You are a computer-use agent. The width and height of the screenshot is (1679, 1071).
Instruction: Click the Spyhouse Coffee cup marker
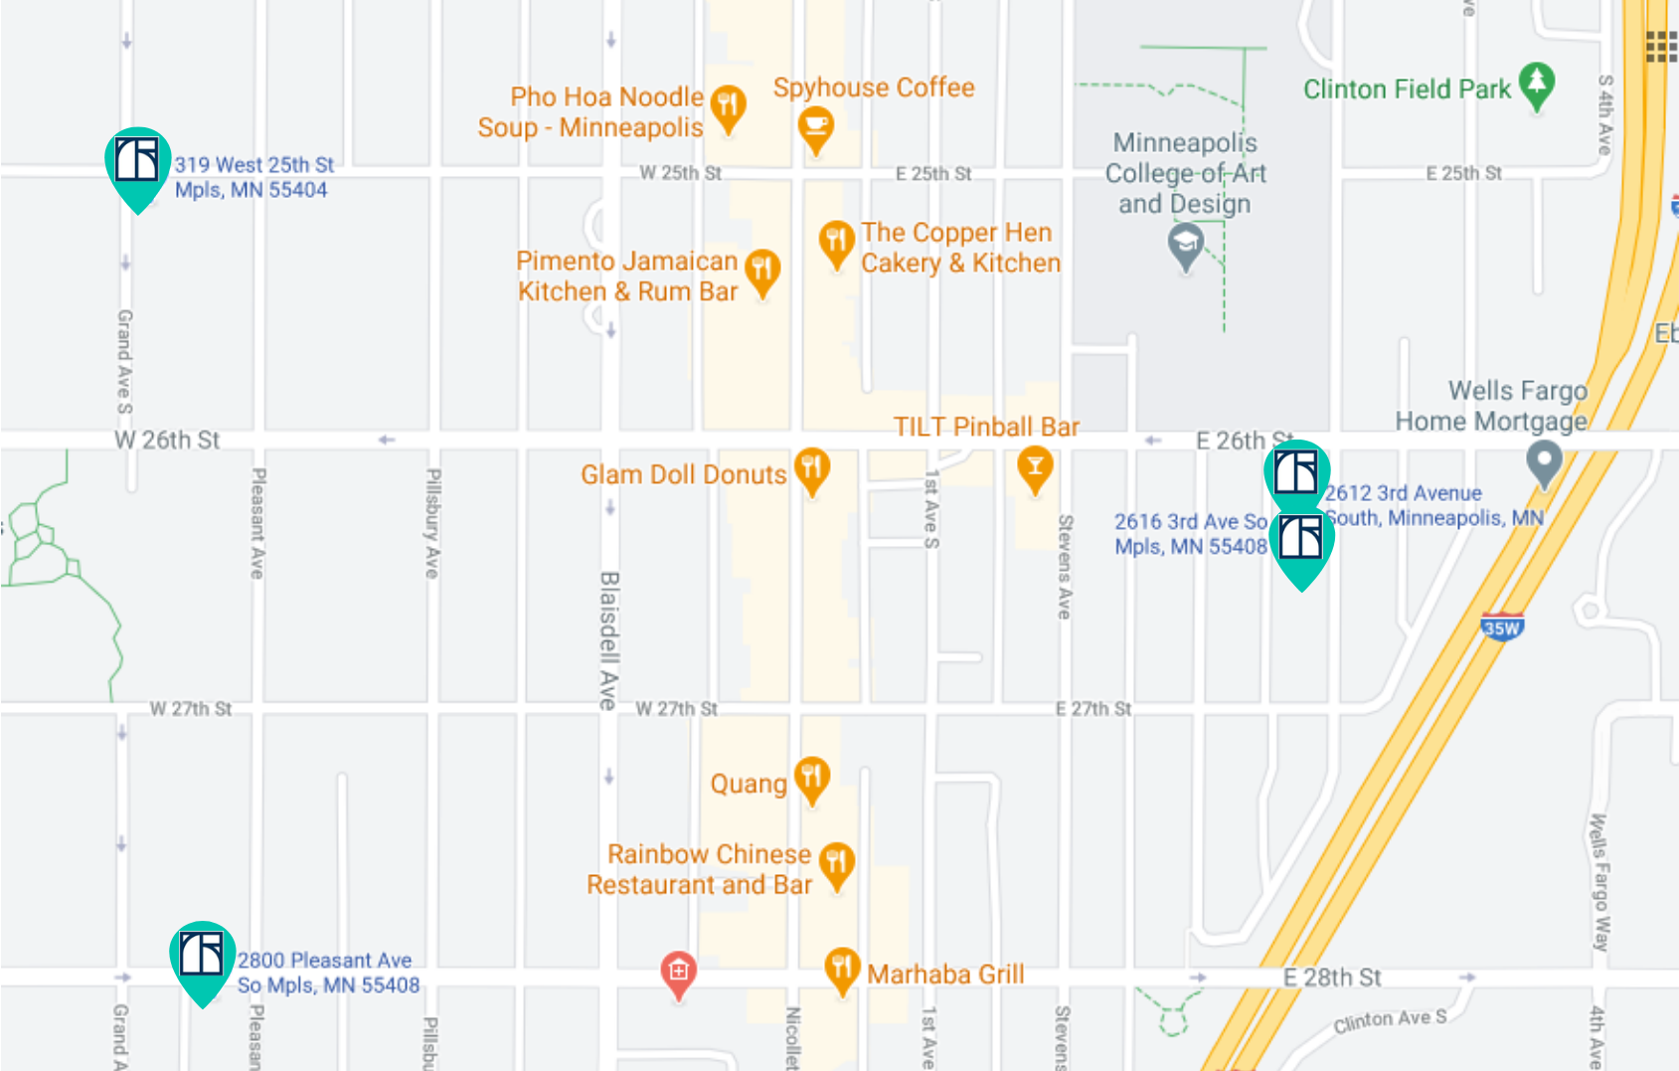tap(816, 126)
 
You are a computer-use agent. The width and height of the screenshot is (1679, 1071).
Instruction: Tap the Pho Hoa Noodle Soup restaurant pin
tap(729, 104)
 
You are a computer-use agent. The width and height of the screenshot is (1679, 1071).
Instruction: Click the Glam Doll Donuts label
tap(683, 475)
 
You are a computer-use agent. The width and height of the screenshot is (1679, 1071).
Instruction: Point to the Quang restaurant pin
tap(812, 776)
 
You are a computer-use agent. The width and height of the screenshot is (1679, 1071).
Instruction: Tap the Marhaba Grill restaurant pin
tap(842, 968)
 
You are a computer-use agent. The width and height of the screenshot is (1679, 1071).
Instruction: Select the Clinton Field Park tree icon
tap(1537, 83)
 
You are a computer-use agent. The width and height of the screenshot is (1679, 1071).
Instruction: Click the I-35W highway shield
tap(1501, 627)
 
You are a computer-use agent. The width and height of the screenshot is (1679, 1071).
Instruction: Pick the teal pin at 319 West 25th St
tap(137, 162)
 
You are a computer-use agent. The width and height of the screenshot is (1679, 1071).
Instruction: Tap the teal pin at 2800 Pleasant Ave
tap(202, 956)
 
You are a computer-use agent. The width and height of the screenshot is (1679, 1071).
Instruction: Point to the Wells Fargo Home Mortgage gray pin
tap(1544, 460)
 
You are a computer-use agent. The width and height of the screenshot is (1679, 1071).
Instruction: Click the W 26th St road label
tap(167, 441)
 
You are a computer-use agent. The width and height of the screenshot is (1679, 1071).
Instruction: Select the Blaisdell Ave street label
tap(609, 639)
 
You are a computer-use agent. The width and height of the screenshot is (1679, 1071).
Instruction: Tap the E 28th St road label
tap(1332, 978)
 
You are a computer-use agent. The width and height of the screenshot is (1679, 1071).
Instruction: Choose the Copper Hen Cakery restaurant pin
tap(837, 241)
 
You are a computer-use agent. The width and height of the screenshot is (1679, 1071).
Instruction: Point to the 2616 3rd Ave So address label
tap(1191, 534)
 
